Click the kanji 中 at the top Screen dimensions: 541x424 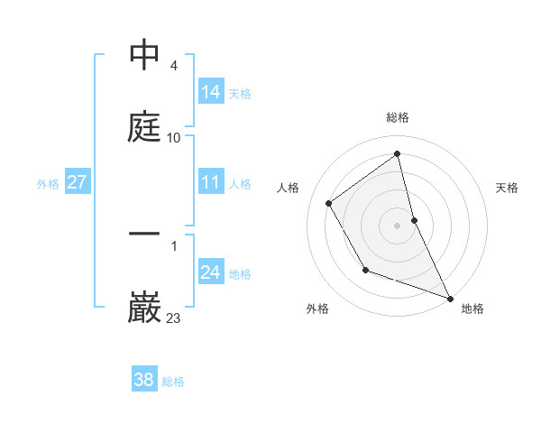[145, 56]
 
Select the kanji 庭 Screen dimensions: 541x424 [145, 126]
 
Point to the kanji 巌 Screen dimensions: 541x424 [145, 307]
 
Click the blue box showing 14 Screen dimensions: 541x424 [211, 92]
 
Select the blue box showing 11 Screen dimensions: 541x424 [211, 182]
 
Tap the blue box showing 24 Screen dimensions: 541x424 [211, 272]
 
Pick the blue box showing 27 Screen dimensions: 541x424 [78, 182]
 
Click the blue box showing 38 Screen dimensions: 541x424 [144, 380]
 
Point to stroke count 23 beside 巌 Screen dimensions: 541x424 [174, 318]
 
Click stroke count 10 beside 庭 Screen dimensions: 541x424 [174, 138]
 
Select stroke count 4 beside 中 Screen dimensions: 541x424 [174, 67]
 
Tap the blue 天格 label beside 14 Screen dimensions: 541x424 [240, 93]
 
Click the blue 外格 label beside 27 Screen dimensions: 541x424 [48, 183]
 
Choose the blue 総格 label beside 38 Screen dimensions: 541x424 [173, 381]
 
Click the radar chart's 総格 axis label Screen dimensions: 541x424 [398, 118]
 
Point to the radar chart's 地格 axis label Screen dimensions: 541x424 [472, 309]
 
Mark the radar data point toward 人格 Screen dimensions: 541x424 [329, 203]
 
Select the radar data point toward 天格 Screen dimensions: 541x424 [414, 220]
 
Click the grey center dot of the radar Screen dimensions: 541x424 [398, 225]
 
